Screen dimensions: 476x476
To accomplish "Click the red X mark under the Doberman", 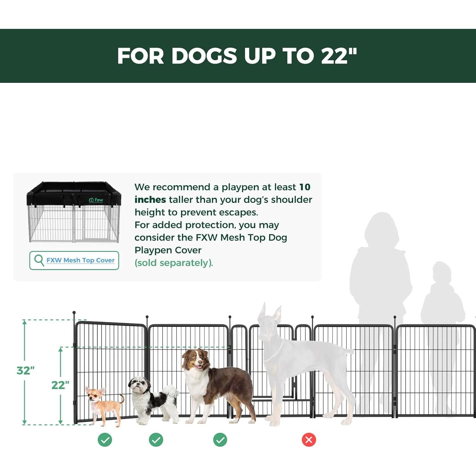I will (x=309, y=440).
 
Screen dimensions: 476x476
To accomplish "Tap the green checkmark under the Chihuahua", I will (x=105, y=440).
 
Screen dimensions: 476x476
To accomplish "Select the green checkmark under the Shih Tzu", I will (x=156, y=440).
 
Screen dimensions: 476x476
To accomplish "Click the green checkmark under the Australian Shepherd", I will (x=220, y=440).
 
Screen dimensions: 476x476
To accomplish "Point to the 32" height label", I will (x=25, y=370).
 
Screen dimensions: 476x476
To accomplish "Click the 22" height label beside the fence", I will (x=60, y=385).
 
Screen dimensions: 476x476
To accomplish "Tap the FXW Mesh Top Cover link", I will (x=80, y=260).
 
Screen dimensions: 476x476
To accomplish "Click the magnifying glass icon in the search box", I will (x=39, y=260).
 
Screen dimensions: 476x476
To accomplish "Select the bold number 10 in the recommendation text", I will (x=305, y=187).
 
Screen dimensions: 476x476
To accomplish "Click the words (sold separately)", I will (x=174, y=263).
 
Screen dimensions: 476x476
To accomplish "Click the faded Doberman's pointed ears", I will (x=270, y=313).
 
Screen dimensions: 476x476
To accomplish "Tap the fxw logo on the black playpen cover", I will (x=96, y=200).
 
